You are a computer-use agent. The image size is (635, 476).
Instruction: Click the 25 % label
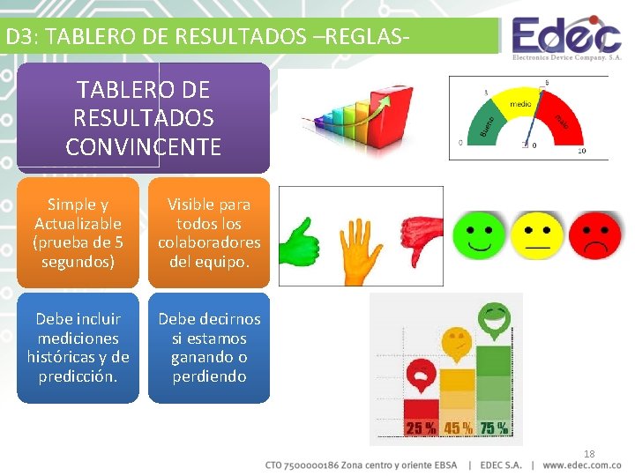[x=421, y=428]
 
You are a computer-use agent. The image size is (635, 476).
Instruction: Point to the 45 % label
[x=457, y=428]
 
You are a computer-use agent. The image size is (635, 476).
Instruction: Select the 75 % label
[x=493, y=428]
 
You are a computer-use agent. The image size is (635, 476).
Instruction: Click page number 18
[x=589, y=454]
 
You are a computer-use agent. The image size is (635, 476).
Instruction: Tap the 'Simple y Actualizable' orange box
[x=78, y=233]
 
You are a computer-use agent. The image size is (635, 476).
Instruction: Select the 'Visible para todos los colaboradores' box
[x=209, y=233]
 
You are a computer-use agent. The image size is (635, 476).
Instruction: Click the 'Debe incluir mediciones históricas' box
[x=78, y=347]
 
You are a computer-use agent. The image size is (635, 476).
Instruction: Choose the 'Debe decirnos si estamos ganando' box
[x=209, y=347]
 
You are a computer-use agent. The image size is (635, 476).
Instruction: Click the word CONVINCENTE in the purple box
[x=143, y=146]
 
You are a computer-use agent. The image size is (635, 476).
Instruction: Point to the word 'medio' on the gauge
[x=520, y=104]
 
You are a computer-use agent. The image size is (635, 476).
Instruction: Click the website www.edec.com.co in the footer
[x=582, y=465]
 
